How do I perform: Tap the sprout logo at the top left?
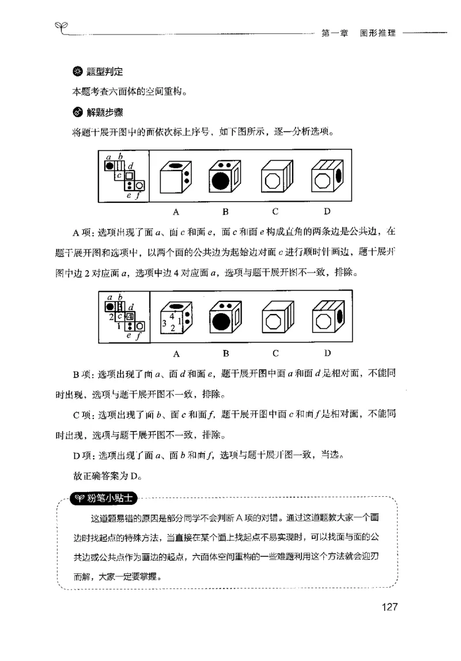click(x=60, y=25)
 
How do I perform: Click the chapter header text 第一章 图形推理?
click(x=358, y=33)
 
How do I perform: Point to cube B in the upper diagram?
click(x=225, y=178)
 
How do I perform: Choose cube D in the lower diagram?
click(x=327, y=319)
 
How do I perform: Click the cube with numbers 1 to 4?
click(x=176, y=320)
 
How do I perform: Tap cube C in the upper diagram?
click(x=276, y=178)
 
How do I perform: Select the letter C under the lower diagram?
click(x=275, y=353)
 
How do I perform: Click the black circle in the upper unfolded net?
click(x=108, y=166)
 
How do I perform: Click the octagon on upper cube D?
click(x=322, y=182)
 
